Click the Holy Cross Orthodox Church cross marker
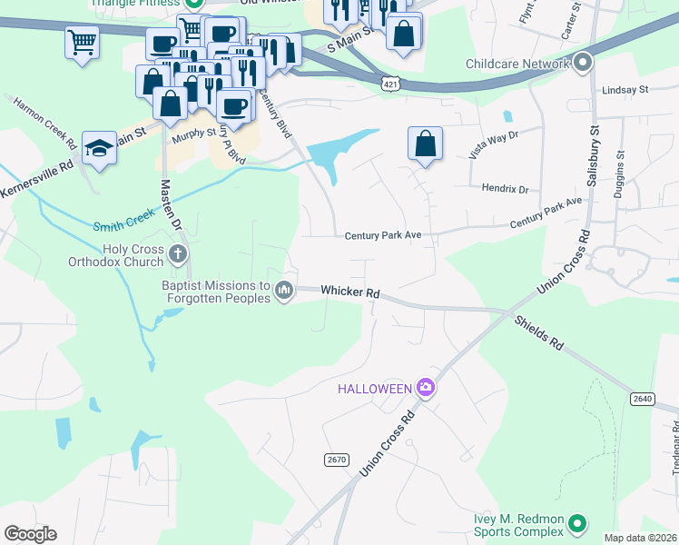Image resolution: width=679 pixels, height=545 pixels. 178,253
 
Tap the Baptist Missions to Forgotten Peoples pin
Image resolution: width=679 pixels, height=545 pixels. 284,291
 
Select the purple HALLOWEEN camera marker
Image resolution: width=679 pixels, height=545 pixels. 426,388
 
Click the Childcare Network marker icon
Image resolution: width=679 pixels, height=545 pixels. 582,63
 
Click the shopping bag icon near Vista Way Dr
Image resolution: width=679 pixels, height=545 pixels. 425,144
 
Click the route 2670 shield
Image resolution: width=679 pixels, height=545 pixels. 336,461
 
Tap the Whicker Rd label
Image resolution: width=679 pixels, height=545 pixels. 349,292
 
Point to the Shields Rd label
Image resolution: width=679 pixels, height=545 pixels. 539,333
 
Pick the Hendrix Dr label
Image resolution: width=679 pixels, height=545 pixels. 504,189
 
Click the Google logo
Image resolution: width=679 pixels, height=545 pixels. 30,534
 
